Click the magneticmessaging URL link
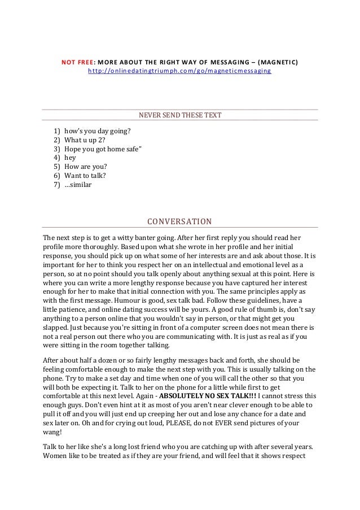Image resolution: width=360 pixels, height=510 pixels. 179,72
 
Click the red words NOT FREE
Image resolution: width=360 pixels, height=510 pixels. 77,62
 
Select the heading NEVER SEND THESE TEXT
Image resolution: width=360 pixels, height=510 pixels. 180,116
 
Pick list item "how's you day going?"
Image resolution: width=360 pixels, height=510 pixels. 98,131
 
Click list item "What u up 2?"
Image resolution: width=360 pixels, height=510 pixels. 85,140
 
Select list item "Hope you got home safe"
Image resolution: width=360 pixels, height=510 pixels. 103,149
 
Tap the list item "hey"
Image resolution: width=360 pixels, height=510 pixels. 71,158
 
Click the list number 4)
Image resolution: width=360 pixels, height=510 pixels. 56,158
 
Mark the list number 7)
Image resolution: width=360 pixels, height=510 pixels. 56,185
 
